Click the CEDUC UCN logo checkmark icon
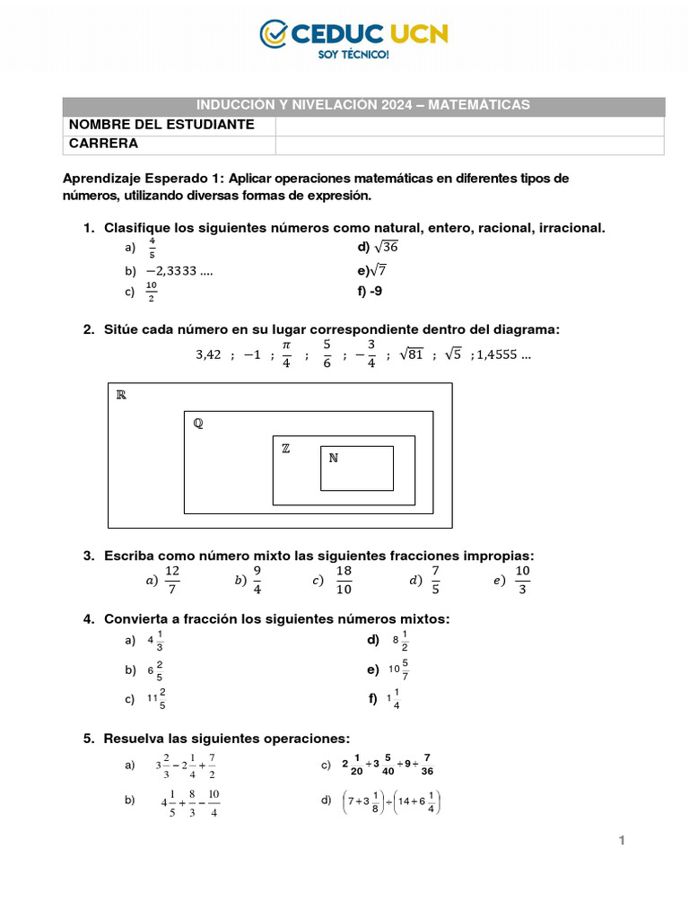274,34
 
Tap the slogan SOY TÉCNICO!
354,55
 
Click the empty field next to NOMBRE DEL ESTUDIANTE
469,125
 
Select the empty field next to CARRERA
469,144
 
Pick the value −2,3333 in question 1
179,269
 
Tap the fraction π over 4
286,354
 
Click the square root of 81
411,354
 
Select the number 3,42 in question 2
208,354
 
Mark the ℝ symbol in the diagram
121,395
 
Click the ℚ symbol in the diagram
197,424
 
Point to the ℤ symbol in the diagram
285,449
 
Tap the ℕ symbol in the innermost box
333,458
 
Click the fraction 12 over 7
172,580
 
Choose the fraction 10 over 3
523,580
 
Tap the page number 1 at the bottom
620,840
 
